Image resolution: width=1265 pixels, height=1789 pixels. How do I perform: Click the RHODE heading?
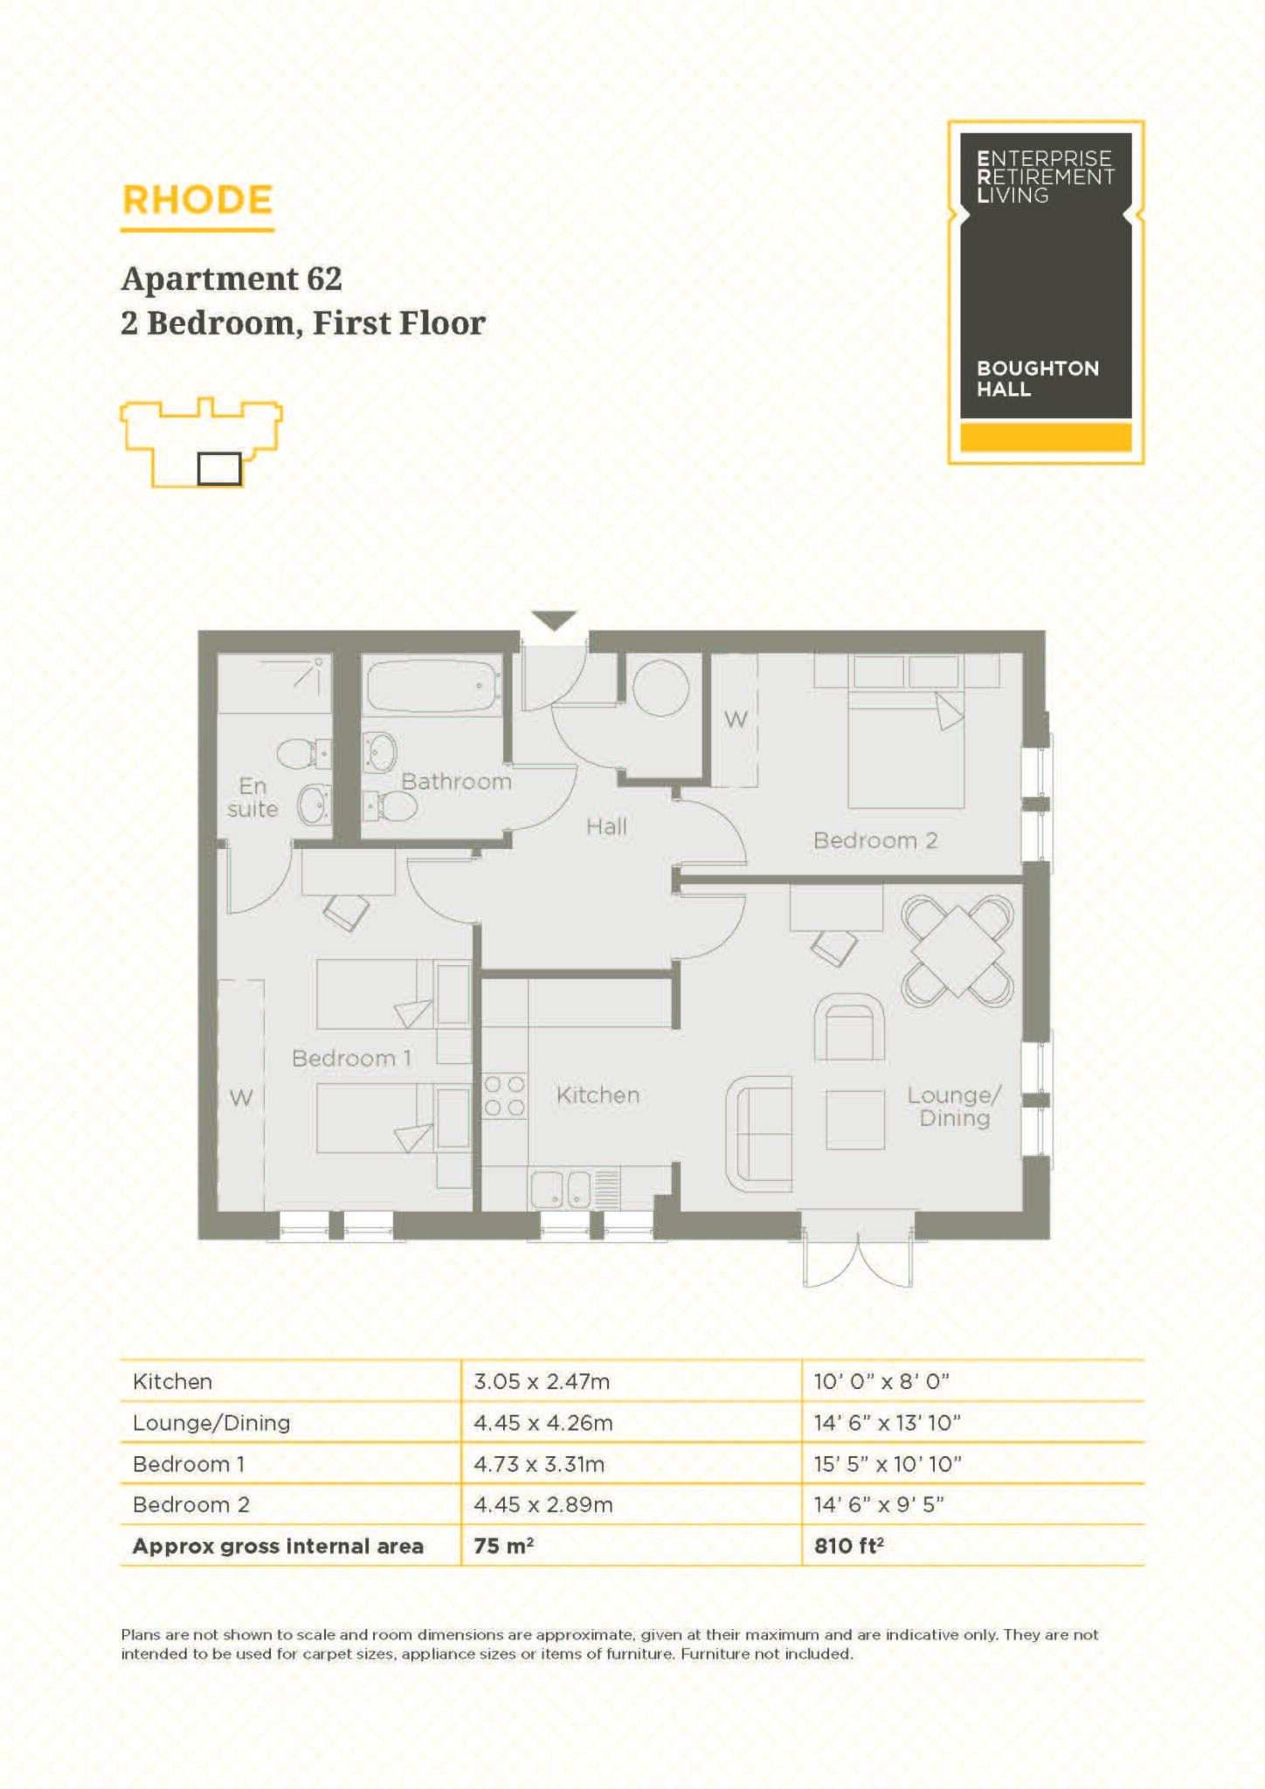[197, 200]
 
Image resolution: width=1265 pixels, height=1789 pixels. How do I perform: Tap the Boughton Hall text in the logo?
[1037, 378]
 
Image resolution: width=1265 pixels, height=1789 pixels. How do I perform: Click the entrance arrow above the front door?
[554, 619]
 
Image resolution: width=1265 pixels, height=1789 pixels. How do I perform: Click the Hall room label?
[606, 826]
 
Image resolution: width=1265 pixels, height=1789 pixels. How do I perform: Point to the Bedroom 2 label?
[874, 840]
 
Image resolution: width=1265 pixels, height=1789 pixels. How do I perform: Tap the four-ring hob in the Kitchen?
[504, 1096]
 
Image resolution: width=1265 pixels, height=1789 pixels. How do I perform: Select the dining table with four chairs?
[957, 951]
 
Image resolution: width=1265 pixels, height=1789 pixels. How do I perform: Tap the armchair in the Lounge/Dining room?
[849, 1028]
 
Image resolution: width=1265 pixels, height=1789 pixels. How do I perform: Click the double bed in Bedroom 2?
[906, 747]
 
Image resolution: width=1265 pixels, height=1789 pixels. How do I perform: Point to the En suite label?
[252, 798]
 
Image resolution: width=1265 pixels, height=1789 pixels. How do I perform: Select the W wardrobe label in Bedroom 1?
[241, 1097]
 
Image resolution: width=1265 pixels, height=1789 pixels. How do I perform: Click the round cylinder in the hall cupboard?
[660, 688]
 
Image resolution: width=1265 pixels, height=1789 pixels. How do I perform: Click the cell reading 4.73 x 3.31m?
[539, 1464]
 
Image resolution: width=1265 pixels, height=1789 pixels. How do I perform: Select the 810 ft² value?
[848, 1546]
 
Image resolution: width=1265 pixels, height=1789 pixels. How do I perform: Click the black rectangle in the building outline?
[218, 469]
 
